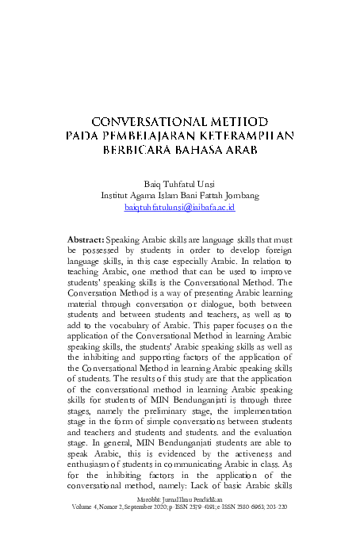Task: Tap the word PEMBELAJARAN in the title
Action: click(x=144, y=137)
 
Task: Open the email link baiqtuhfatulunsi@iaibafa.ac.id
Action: click(x=180, y=207)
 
